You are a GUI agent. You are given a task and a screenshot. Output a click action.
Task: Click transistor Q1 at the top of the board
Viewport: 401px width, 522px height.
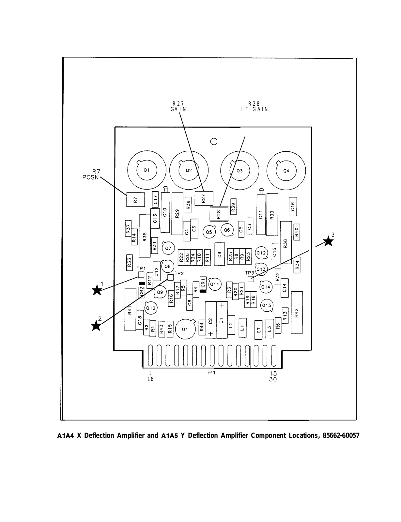[x=147, y=170]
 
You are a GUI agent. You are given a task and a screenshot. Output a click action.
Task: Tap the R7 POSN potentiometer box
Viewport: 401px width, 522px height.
[x=135, y=199]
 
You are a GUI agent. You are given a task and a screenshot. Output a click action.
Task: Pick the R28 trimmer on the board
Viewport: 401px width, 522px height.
[x=218, y=214]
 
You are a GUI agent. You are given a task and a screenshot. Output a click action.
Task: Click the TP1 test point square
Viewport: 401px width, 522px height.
[x=141, y=274]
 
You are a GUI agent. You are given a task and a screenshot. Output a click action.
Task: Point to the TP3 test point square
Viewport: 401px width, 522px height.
[x=251, y=279]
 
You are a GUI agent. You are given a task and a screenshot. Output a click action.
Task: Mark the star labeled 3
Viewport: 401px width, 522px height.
[x=328, y=241]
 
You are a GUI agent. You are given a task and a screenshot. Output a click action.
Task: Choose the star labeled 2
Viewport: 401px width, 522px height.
[x=96, y=326]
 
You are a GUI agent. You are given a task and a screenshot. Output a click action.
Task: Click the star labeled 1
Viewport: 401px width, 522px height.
[x=97, y=290]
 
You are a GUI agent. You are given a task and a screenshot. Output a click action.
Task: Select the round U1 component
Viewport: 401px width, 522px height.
[x=185, y=329]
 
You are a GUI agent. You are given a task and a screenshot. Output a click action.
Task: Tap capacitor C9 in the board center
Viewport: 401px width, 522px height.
[x=220, y=254]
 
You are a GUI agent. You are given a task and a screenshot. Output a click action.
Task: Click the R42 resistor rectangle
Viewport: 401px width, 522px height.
[x=297, y=313]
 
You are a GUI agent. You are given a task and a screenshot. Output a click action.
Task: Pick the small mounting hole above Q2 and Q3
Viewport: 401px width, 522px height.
[x=214, y=142]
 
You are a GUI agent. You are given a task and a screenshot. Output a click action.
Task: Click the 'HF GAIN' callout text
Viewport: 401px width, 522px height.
[x=254, y=110]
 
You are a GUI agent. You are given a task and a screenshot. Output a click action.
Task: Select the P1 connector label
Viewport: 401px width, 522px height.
[x=212, y=373]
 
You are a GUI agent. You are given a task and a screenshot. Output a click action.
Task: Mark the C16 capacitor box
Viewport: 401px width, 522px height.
[x=293, y=207]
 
